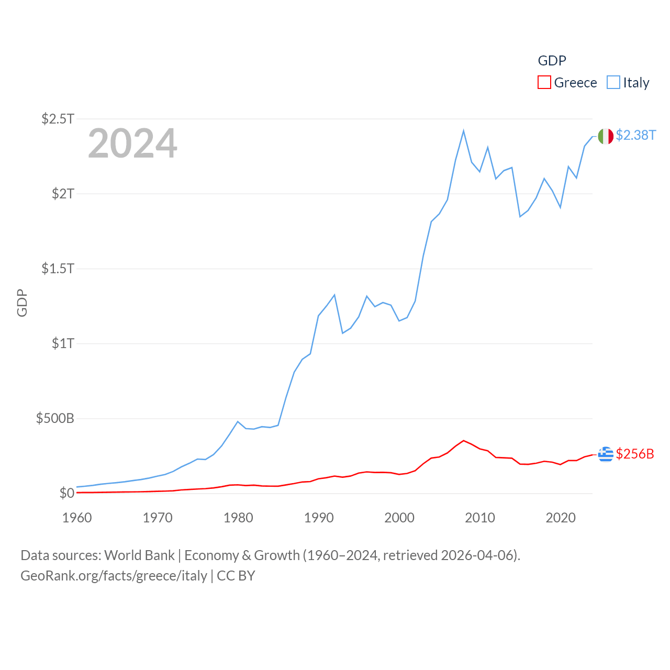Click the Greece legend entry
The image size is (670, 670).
pos(567,83)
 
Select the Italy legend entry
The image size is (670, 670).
pos(628,83)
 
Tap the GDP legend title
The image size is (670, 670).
pos(552,61)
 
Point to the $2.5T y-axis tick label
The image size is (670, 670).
pos(58,119)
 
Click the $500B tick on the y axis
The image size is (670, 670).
pos(55,418)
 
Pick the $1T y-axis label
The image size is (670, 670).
pos(63,343)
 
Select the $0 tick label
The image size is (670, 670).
pos(66,493)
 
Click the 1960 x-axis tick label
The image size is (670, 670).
pos(77,518)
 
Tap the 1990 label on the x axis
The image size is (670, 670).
pos(319,518)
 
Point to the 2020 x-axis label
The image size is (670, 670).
pos(561,518)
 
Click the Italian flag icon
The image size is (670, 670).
pos(606,136)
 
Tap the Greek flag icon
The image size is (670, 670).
pos(606,454)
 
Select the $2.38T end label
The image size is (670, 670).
pos(635,135)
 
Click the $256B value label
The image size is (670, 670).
pos(635,454)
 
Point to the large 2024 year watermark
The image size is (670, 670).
pos(132,143)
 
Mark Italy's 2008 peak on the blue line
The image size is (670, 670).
pos(464,131)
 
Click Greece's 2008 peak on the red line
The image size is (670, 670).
pos(464,441)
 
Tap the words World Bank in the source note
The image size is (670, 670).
pos(139,555)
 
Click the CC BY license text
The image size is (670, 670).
pos(236,576)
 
